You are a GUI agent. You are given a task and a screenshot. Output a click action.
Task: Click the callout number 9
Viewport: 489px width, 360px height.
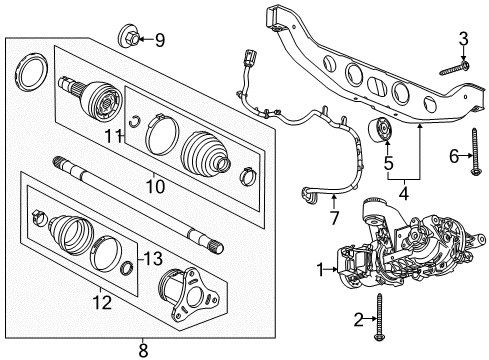point(158,40)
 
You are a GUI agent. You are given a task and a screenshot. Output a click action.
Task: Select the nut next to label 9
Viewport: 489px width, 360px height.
point(130,40)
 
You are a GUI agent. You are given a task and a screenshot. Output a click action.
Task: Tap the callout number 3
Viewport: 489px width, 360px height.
point(463,39)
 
